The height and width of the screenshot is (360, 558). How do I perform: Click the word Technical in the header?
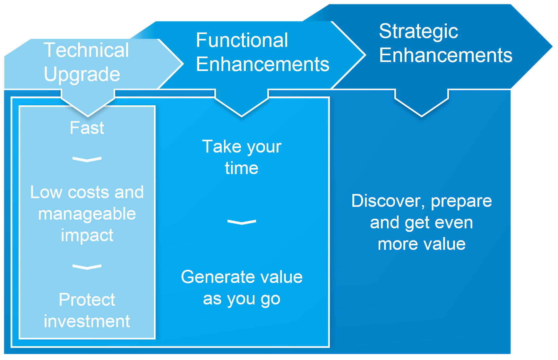pos(86,50)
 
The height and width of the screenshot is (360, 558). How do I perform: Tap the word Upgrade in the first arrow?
pos(82,75)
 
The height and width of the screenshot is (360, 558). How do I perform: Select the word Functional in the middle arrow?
pos(242,40)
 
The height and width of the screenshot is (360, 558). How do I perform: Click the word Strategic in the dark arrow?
pos(418,31)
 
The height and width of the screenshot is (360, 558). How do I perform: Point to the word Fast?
pos(87,128)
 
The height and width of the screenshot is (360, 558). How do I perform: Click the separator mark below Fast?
pos(87,159)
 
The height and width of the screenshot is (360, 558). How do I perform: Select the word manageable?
pos(87,214)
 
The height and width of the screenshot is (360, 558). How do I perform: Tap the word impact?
pos(87,235)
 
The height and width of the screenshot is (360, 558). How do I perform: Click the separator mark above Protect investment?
pos(87,267)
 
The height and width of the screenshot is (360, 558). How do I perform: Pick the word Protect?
pos(87,300)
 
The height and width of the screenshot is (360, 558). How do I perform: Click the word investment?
pos(87,321)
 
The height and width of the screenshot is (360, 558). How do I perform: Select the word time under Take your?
pos(242,168)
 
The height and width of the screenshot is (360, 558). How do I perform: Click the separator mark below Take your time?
pos(242,222)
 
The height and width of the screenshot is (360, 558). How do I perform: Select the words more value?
pos(421,244)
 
